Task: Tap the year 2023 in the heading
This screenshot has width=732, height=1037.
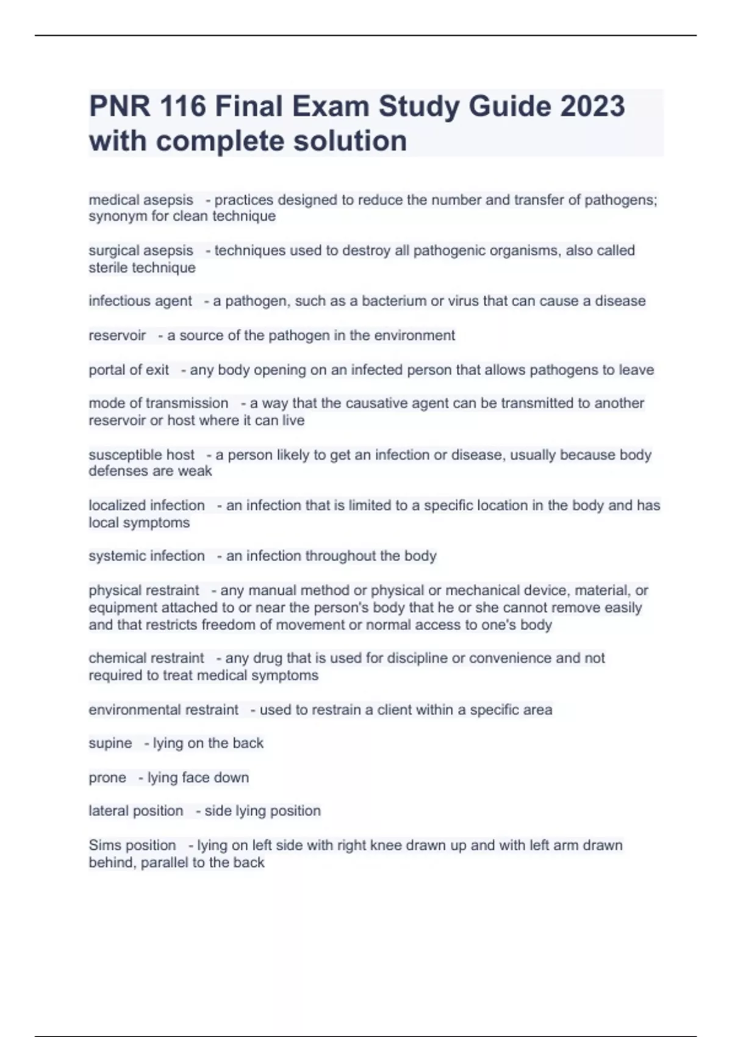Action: pyautogui.click(x=592, y=106)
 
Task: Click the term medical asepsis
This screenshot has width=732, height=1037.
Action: pyautogui.click(x=141, y=199)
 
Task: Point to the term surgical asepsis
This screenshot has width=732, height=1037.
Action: pyautogui.click(x=141, y=250)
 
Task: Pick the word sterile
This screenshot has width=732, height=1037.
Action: pyautogui.click(x=109, y=267)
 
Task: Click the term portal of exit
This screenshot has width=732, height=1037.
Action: pyautogui.click(x=129, y=370)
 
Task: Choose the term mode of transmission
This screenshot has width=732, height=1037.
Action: pyautogui.click(x=159, y=403)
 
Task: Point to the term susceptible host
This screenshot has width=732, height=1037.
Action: pyautogui.click(x=142, y=454)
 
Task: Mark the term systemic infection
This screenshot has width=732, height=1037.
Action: pyautogui.click(x=146, y=556)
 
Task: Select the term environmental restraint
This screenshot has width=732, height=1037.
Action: pyautogui.click(x=163, y=709)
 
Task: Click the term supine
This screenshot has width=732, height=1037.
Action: pyautogui.click(x=110, y=743)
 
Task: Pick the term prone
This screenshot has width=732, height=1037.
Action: pyautogui.click(x=107, y=777)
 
